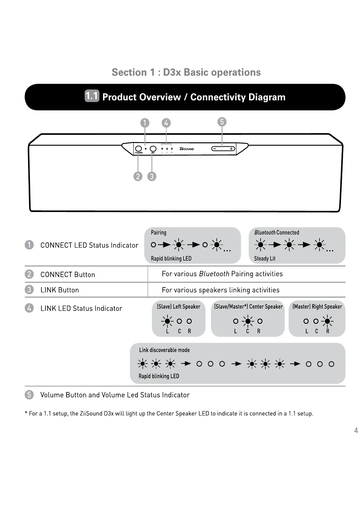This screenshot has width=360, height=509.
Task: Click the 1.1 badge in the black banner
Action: click(92, 96)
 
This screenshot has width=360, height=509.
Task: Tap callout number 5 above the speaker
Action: click(222, 122)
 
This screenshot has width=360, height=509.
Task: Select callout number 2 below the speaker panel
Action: click(138, 176)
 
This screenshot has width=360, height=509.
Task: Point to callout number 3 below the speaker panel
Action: click(152, 176)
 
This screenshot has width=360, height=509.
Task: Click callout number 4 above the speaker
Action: click(166, 123)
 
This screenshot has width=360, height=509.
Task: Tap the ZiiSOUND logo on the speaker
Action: click(186, 149)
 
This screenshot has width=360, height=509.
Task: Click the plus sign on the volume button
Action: click(231, 149)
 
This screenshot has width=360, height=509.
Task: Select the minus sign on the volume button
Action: click(214, 149)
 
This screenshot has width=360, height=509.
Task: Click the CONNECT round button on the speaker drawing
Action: click(138, 149)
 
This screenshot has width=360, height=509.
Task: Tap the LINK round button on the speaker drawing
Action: click(153, 149)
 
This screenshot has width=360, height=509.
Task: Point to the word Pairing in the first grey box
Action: click(158, 232)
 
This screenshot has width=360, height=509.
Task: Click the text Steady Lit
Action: click(264, 258)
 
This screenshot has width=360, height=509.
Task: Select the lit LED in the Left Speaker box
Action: click(167, 321)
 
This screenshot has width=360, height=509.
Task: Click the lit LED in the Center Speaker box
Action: click(248, 321)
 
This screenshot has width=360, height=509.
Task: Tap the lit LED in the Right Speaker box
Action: click(327, 321)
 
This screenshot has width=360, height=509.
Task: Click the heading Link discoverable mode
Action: click(164, 350)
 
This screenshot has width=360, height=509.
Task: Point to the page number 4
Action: click(356, 430)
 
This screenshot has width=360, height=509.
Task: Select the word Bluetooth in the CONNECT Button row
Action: click(214, 274)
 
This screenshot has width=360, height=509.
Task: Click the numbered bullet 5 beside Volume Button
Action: click(29, 395)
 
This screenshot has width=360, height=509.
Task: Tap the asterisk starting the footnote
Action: click(26, 413)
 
